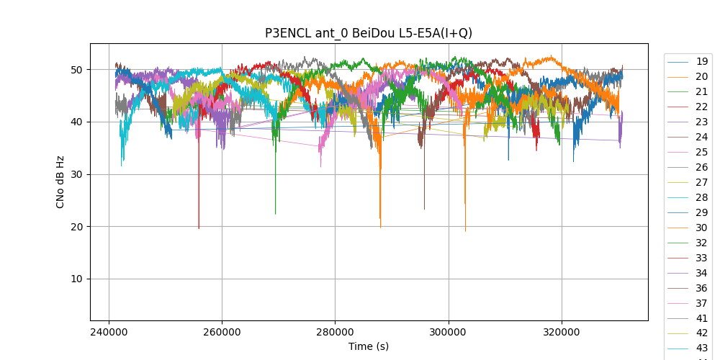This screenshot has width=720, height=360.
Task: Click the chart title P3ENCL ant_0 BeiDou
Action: click(369, 33)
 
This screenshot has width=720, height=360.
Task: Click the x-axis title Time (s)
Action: click(369, 346)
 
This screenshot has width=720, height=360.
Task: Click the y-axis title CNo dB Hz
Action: click(60, 182)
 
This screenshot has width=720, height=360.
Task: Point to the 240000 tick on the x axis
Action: click(109, 333)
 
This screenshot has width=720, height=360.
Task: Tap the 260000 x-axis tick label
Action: click(222, 333)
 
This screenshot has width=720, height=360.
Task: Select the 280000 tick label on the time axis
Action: click(336, 333)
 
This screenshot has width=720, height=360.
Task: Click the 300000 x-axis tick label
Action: click(449, 333)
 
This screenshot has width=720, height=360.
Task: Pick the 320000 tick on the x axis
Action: click(562, 333)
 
